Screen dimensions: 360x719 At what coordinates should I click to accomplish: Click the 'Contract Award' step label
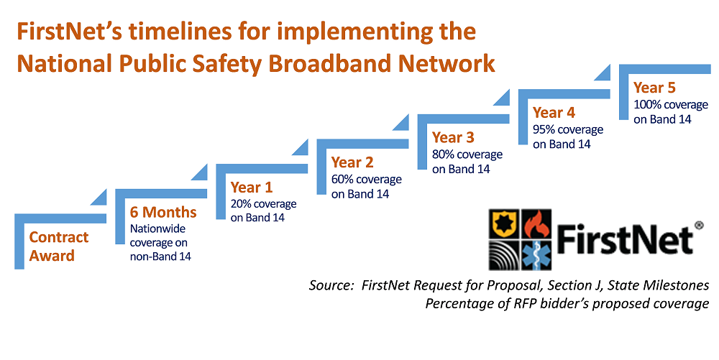pos(59,246)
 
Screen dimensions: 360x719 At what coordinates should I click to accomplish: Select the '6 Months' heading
pos(163,213)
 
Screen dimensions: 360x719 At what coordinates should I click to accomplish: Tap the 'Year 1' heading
pos(251,188)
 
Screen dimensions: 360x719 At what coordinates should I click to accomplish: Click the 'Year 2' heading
pos(352,162)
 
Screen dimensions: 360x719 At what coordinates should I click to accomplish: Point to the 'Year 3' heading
pos(453,137)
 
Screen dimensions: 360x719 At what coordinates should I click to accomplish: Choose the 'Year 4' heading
pos(554,113)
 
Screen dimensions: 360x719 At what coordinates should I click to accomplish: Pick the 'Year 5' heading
pos(654,88)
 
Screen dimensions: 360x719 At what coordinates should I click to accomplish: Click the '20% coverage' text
pos(263,204)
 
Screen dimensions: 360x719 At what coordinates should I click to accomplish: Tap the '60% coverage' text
pos(366,179)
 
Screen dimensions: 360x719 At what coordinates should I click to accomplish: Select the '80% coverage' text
pos(467,154)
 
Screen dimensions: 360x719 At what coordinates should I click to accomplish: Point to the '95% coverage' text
pos(567,129)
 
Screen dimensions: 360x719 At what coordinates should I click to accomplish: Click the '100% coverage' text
pos(670,105)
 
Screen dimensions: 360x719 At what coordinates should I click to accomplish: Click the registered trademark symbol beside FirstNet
pos(698,225)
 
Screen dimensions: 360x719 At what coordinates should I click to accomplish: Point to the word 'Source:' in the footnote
pos(331,285)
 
